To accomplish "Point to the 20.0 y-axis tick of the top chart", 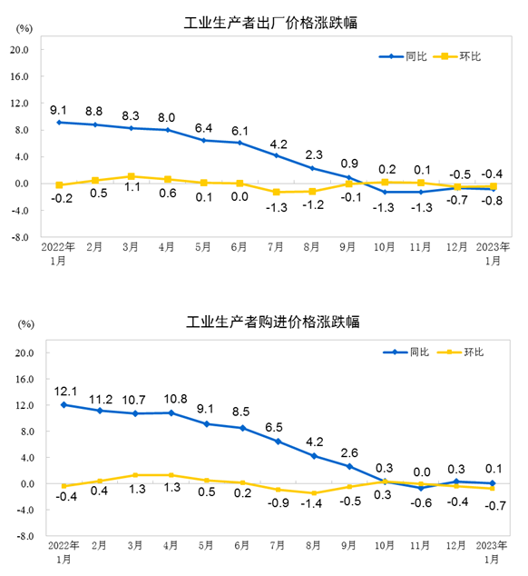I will pyautogui.click(x=22, y=50).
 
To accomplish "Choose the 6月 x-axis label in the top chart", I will pyautogui.click(x=240, y=246).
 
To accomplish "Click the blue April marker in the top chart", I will pyautogui.click(x=168, y=130).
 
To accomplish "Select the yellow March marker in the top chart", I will pyautogui.click(x=132, y=176).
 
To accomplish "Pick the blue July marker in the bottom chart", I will pyautogui.click(x=278, y=442).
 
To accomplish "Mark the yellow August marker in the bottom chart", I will pyautogui.click(x=314, y=493).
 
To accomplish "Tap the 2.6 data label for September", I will pyautogui.click(x=349, y=452).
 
